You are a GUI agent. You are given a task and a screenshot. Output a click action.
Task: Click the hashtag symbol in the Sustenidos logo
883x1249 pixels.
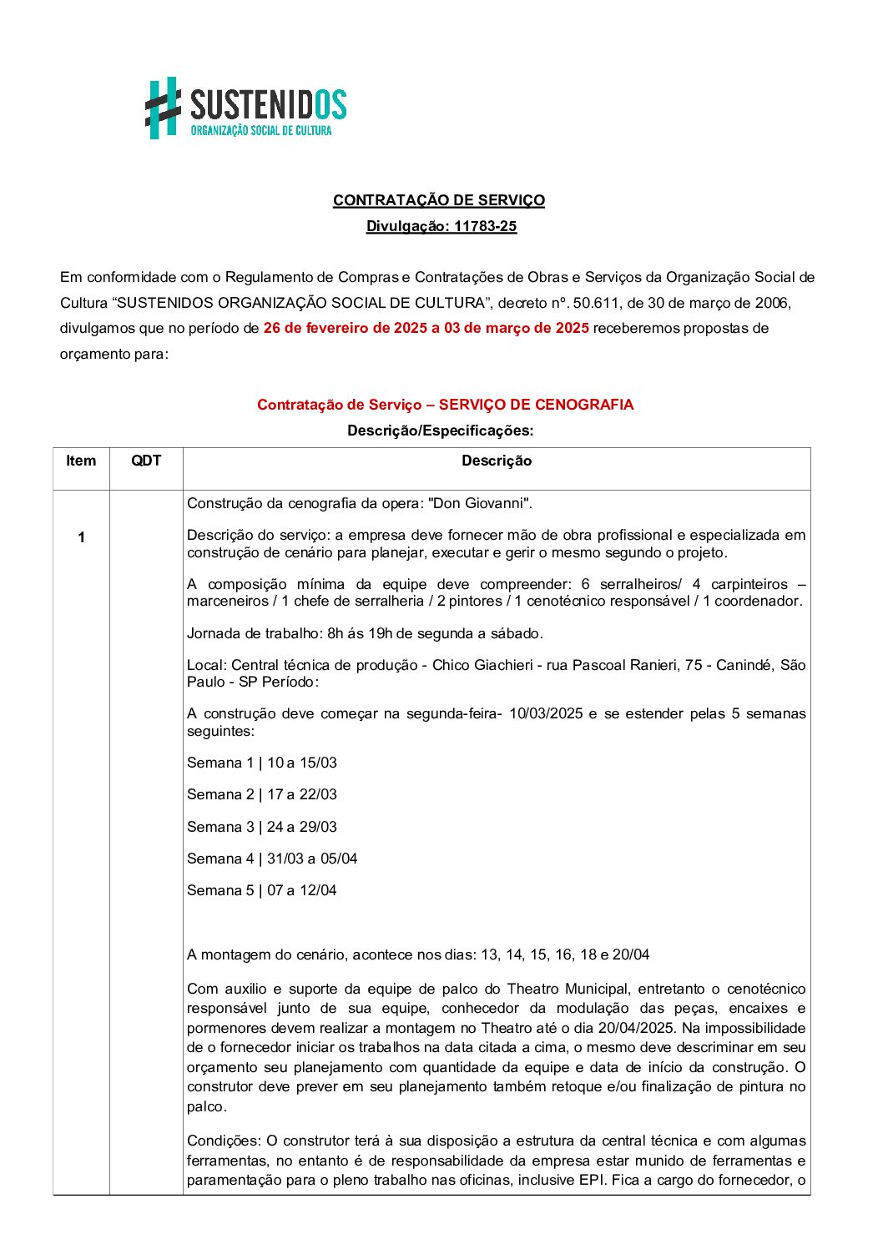(x=164, y=108)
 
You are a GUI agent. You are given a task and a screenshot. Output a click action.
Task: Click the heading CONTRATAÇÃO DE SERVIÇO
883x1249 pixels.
(x=438, y=200)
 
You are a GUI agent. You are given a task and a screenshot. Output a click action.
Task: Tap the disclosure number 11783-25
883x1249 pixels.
(x=485, y=226)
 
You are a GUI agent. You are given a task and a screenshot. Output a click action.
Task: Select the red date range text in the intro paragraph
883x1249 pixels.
(x=426, y=328)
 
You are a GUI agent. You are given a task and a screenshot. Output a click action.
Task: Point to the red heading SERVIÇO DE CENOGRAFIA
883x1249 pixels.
(x=536, y=405)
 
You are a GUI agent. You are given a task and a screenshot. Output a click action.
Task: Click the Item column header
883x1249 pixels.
(x=81, y=461)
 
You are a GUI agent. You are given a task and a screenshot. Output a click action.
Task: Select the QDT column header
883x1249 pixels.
(x=146, y=461)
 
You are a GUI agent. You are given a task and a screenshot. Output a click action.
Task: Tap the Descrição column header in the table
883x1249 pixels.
(x=497, y=461)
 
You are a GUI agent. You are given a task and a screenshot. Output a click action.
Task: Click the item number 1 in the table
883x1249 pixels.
(x=81, y=537)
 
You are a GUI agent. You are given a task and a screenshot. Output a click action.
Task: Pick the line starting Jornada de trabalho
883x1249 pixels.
(x=365, y=633)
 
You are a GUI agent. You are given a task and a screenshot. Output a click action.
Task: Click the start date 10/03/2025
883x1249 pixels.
(x=546, y=713)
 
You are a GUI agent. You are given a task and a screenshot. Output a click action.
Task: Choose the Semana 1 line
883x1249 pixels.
(x=262, y=763)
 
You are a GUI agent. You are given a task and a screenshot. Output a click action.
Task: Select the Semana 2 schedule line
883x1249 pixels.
(x=262, y=794)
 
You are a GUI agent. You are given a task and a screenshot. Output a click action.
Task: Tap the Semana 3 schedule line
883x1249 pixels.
(x=262, y=827)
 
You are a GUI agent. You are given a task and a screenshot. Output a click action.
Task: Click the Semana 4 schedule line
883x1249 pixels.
(x=272, y=859)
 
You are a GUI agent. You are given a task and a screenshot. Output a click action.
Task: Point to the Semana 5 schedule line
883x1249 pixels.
(x=262, y=890)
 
